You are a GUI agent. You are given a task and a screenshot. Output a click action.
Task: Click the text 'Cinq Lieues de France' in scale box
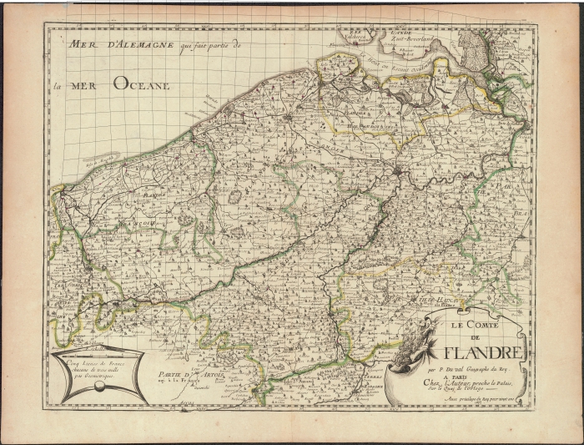[87, 359]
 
